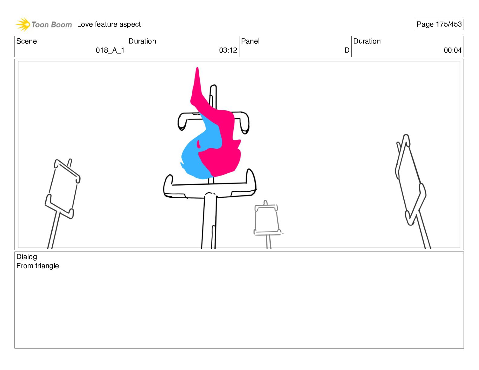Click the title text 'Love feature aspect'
pyautogui.click(x=109, y=24)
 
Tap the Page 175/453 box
pyautogui.click(x=439, y=24)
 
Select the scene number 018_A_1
pyautogui.click(x=110, y=50)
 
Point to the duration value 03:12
pyautogui.click(x=228, y=50)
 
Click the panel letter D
pyautogui.click(x=347, y=50)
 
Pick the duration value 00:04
pyautogui.click(x=453, y=50)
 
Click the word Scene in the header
pyautogui.click(x=26, y=41)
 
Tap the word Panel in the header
pyautogui.click(x=250, y=41)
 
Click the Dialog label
pyautogui.click(x=27, y=257)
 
